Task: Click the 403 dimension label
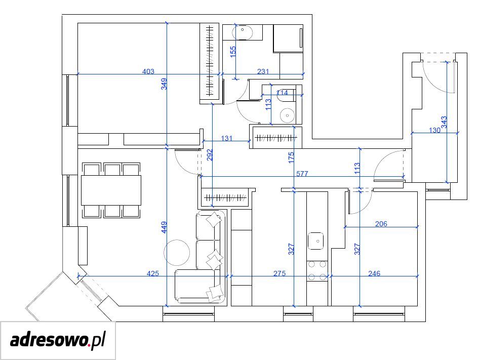[148, 71]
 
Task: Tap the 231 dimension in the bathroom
[263, 71]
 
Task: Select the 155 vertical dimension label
[233, 52]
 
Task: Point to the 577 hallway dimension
[302, 174]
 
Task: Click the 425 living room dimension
[153, 273]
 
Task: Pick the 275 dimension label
[280, 273]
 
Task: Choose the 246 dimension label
[374, 273]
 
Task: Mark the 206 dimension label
[381, 224]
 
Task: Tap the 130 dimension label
[434, 131]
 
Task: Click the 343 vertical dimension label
[444, 122]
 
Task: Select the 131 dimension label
[227, 138]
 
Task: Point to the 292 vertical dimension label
[210, 155]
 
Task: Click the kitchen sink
[315, 241]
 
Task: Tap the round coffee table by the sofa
[177, 253]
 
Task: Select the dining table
[111, 190]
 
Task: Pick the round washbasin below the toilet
[287, 115]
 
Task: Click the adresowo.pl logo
[58, 340]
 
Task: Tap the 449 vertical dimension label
[164, 227]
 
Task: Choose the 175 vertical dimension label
[291, 157]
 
